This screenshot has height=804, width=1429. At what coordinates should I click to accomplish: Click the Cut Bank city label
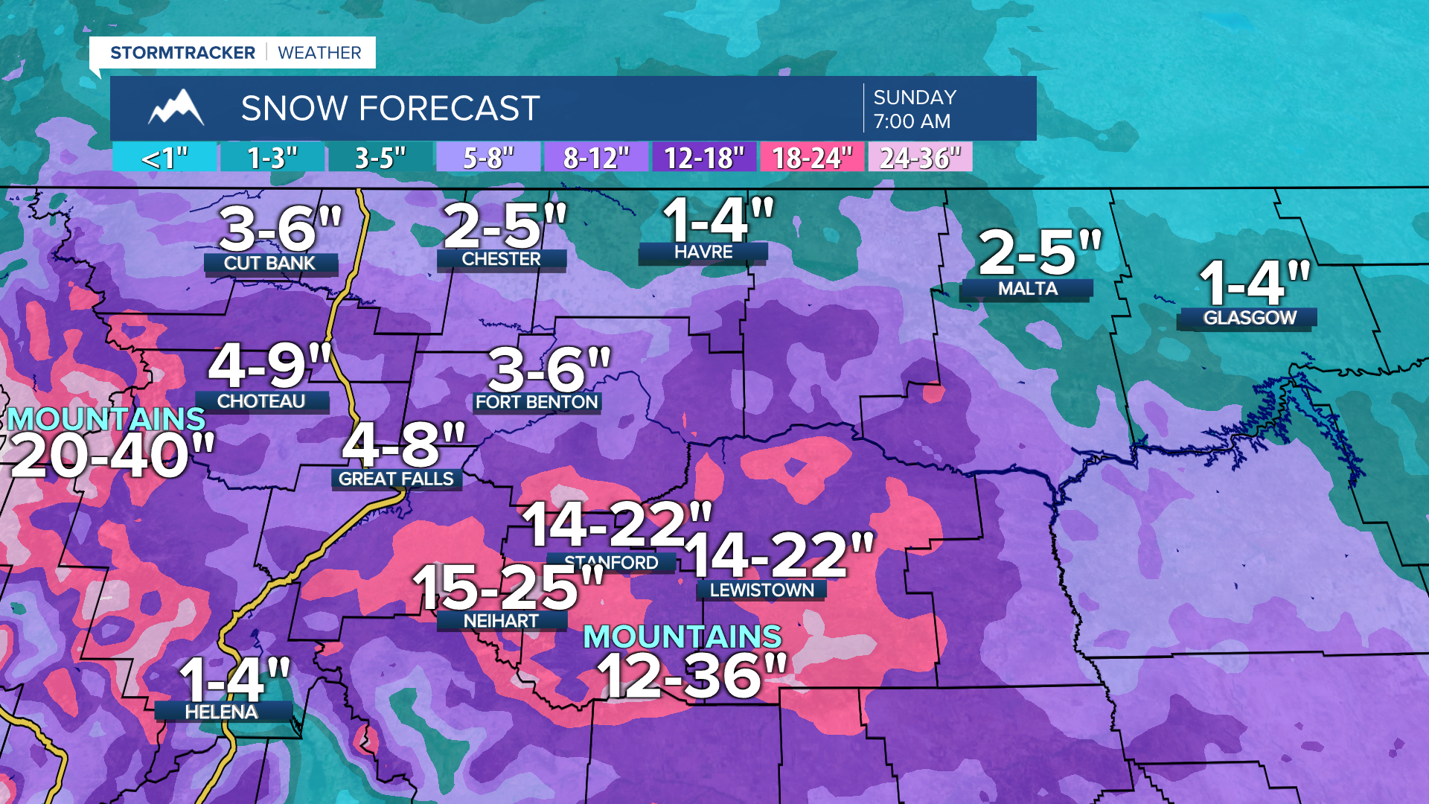pyautogui.click(x=270, y=264)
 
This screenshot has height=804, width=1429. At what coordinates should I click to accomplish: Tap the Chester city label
pyautogui.click(x=501, y=259)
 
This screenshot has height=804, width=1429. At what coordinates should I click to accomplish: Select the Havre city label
pyautogui.click(x=703, y=252)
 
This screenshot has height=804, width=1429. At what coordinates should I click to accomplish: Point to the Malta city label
pyautogui.click(x=1027, y=289)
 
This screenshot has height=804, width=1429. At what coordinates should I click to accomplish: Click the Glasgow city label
pyautogui.click(x=1250, y=318)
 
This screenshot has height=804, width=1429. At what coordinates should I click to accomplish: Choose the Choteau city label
pyautogui.click(x=261, y=401)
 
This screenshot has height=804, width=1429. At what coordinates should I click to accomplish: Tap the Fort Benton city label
pyautogui.click(x=537, y=402)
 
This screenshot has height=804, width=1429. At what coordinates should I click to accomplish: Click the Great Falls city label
pyautogui.click(x=396, y=479)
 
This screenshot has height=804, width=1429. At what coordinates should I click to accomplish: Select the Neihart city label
pyautogui.click(x=501, y=621)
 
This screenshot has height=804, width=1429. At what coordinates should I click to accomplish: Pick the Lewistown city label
pyautogui.click(x=761, y=590)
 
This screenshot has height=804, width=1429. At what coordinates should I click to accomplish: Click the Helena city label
pyautogui.click(x=222, y=712)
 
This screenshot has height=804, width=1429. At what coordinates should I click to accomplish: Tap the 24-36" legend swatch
pyautogui.click(x=920, y=158)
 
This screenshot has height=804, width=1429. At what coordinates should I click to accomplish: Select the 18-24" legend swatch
pyautogui.click(x=812, y=158)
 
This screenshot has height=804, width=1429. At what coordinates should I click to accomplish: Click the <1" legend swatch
pyautogui.click(x=165, y=158)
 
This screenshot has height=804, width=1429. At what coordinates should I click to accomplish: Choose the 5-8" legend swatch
pyautogui.click(x=488, y=158)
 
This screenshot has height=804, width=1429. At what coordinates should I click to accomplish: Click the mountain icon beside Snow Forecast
pyautogui.click(x=176, y=108)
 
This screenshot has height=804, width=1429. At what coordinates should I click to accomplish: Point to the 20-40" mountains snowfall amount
pyautogui.click(x=112, y=456)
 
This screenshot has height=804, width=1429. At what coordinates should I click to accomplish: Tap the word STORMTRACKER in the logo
pyautogui.click(x=183, y=53)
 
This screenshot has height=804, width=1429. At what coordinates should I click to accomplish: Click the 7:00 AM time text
pyautogui.click(x=912, y=121)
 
